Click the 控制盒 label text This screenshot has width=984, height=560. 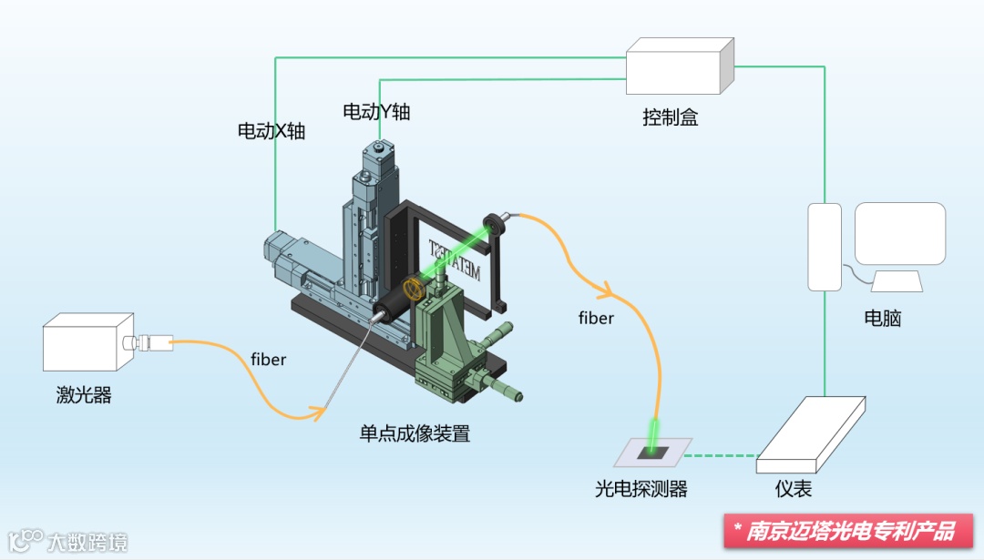click(670, 117)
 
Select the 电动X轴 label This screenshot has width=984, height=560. click(271, 131)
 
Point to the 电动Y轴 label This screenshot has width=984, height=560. click(375, 111)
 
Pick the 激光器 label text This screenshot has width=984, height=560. click(83, 395)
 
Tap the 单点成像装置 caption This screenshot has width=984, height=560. click(415, 433)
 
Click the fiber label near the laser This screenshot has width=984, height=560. click(268, 360)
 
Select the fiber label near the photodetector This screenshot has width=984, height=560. click(596, 318)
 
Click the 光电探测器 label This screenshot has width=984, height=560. click(641, 489)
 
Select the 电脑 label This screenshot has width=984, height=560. click(882, 318)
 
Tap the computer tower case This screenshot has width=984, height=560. click(825, 246)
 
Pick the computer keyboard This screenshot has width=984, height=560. click(897, 281)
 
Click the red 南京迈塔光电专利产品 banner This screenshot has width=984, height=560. click(849, 531)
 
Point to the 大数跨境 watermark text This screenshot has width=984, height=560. click(87, 541)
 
